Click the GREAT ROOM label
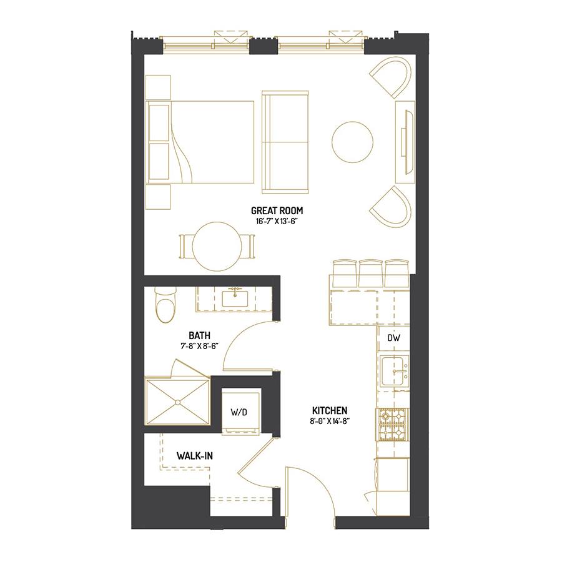point(277,210)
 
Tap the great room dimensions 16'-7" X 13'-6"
point(277,221)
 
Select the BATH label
point(200,335)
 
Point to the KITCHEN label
point(329,410)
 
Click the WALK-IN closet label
point(195,456)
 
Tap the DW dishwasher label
point(393,338)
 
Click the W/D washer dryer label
point(239,412)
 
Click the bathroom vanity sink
point(235,298)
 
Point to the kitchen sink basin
point(394,371)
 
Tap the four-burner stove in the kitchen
point(392,425)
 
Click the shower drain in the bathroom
point(177,403)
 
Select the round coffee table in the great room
point(352,142)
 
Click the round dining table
point(217,246)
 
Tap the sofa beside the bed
point(285,142)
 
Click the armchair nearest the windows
point(391,77)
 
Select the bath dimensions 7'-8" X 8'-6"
point(200,346)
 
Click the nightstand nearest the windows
point(158,87)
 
